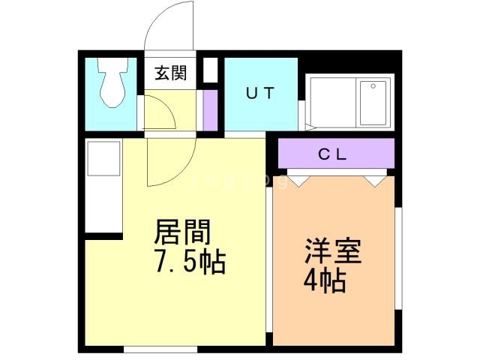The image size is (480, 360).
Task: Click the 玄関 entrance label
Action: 170,73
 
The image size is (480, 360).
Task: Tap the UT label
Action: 260,93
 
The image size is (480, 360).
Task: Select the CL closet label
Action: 333,154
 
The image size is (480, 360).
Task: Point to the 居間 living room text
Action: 182,232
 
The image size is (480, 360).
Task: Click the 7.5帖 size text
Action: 190,262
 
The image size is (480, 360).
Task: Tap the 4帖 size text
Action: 325,280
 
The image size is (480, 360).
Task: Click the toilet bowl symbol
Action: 112,82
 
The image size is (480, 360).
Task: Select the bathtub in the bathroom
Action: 373,103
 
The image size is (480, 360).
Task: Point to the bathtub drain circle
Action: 373,86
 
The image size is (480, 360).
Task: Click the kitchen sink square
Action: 103,158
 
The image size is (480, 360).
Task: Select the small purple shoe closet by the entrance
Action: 210,110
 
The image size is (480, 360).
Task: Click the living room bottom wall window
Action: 160,349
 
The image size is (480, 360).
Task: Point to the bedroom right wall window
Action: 398,258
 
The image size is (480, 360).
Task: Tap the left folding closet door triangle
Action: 298,181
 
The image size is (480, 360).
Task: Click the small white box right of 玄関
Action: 210,70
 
